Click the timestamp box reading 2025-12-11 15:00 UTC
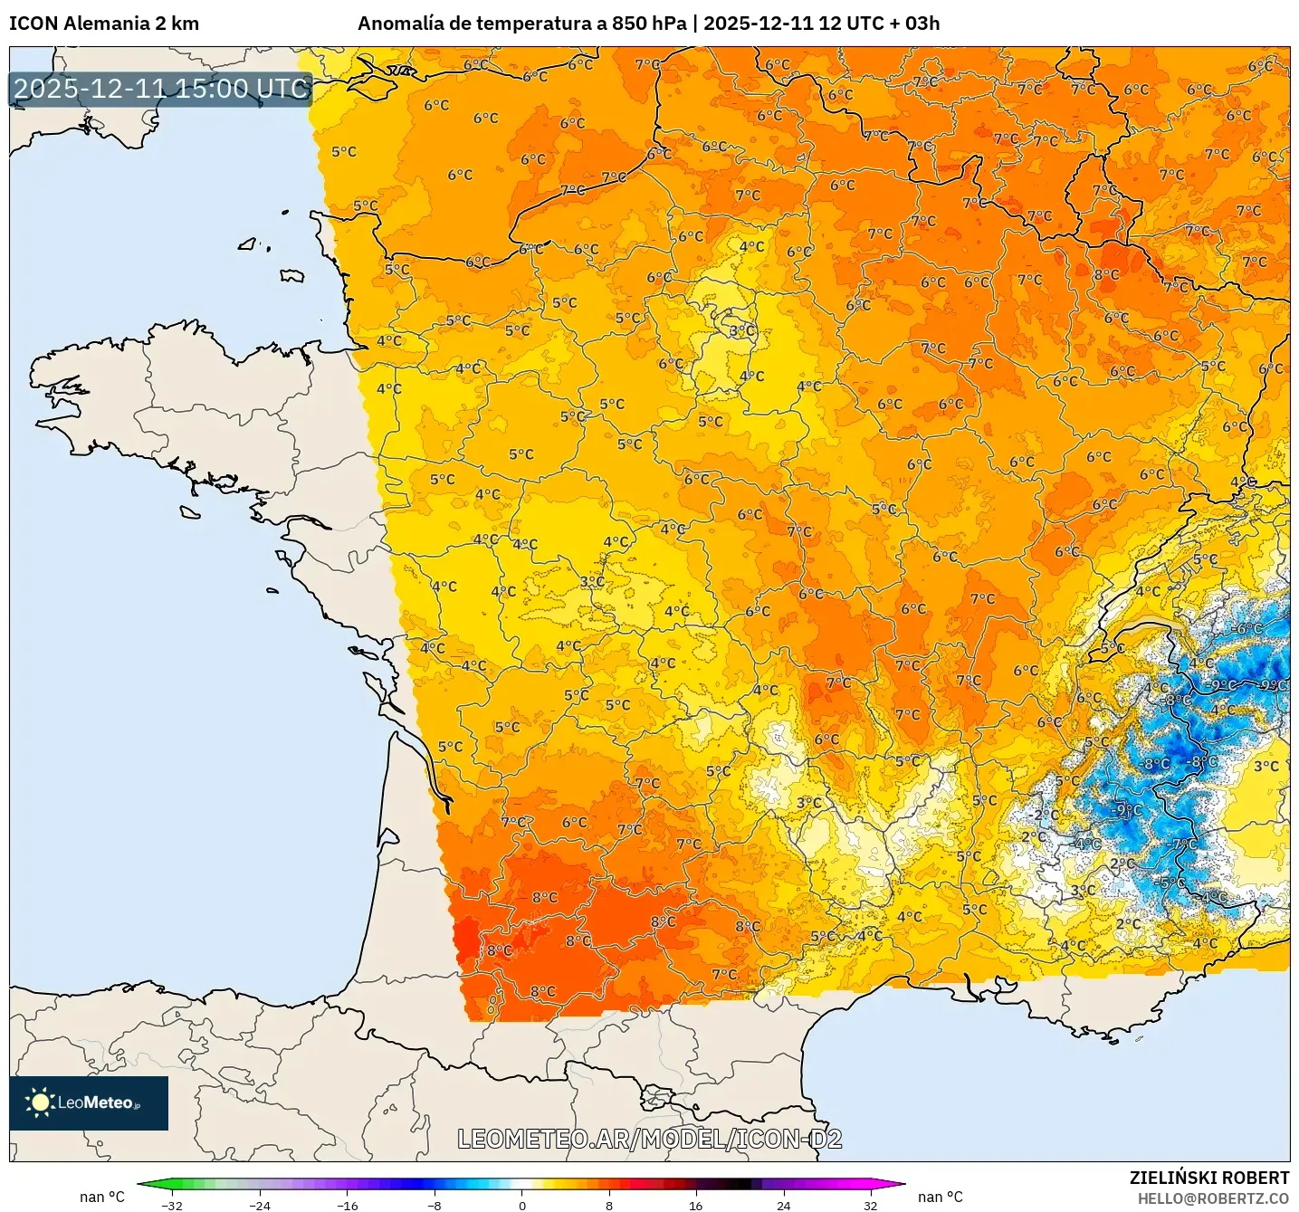pyautogui.click(x=161, y=89)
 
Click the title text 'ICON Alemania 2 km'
pyautogui.click(x=104, y=24)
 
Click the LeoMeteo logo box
pyautogui.click(x=89, y=1102)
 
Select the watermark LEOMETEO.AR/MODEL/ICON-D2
pyautogui.click(x=649, y=1139)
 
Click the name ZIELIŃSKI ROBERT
pyautogui.click(x=1208, y=1178)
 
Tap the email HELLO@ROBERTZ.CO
pyautogui.click(x=1212, y=1198)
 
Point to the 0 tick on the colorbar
pyautogui.click(x=521, y=1206)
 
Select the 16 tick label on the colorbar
pyautogui.click(x=695, y=1206)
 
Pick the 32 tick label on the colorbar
pyautogui.click(x=870, y=1206)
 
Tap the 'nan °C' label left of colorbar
pyautogui.click(x=102, y=1197)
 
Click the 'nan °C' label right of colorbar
pyautogui.click(x=941, y=1197)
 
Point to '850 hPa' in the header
pyautogui.click(x=649, y=24)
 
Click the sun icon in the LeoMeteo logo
pyautogui.click(x=41, y=1102)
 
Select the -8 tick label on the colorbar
pyautogui.click(x=435, y=1206)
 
